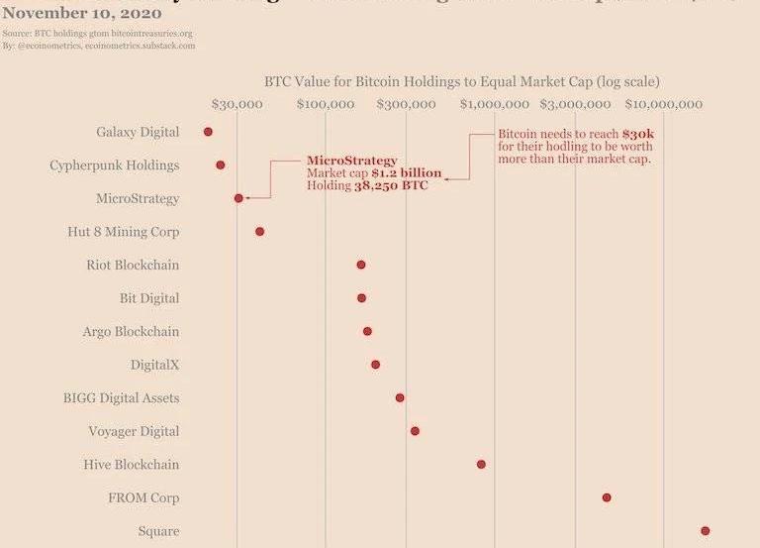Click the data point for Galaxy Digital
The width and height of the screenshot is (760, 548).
208,132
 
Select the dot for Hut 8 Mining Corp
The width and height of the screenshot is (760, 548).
259,232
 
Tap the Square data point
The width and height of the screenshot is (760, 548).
705,531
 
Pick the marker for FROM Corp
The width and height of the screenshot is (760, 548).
607,497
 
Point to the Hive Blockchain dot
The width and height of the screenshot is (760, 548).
481,464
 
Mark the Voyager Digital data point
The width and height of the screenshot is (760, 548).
415,431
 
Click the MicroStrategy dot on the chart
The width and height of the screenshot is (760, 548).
238,198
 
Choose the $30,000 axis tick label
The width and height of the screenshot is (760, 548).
237,104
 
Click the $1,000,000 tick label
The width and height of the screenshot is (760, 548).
494,104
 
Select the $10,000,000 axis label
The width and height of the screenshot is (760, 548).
664,104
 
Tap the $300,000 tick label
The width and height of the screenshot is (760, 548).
406,104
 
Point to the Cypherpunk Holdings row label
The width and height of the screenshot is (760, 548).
115,165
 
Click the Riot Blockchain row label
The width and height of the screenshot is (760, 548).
133,266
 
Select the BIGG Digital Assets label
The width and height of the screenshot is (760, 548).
122,398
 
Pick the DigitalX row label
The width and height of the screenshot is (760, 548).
154,365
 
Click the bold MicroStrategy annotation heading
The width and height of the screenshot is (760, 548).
351,161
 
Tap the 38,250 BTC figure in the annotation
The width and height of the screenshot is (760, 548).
391,186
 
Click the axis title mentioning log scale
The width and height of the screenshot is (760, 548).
462,81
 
